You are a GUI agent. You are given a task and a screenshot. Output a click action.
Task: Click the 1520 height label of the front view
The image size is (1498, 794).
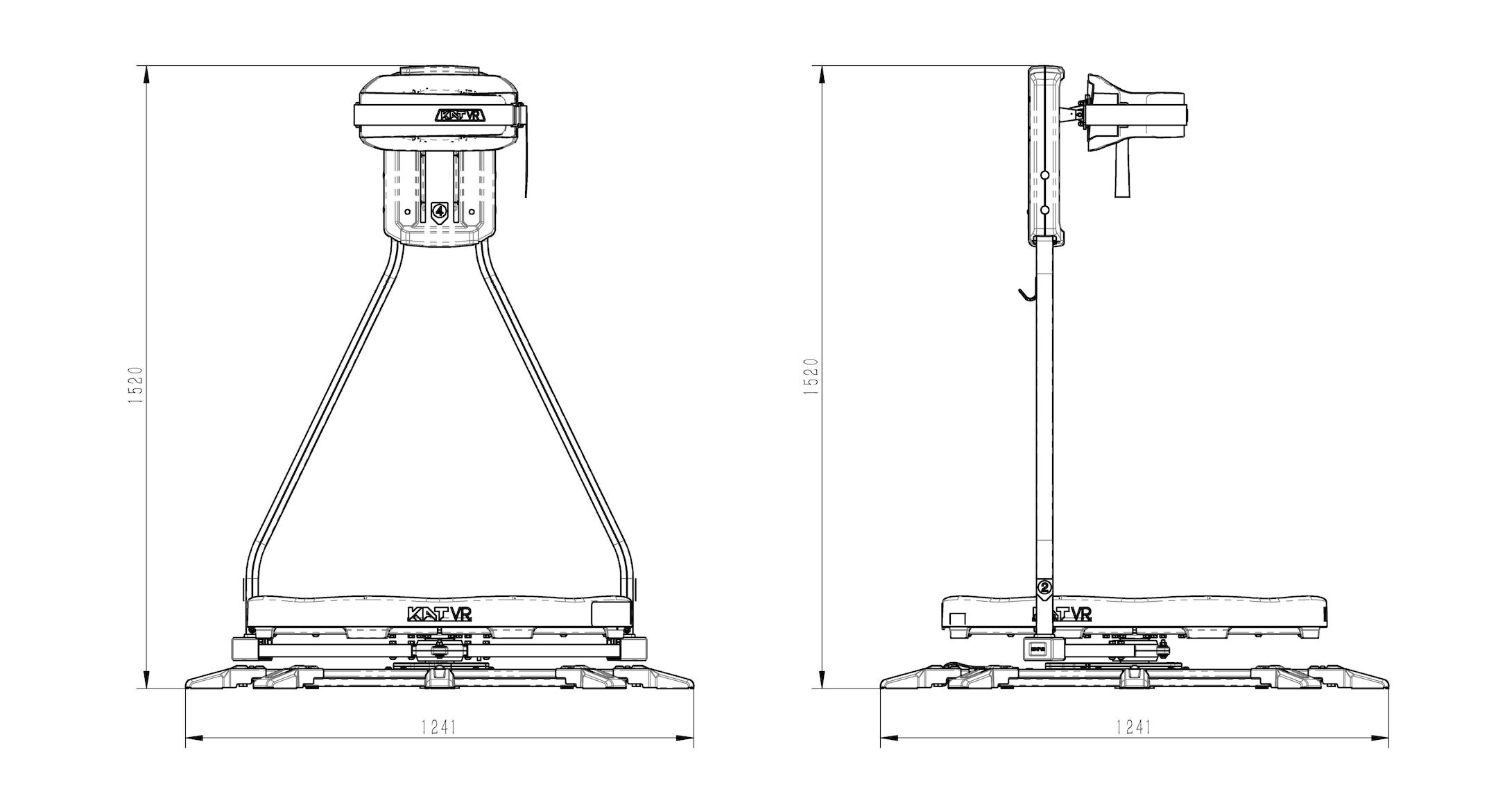pyautogui.click(x=136, y=386)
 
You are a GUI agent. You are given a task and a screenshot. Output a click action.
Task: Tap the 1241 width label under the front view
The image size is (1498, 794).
pyautogui.click(x=438, y=727)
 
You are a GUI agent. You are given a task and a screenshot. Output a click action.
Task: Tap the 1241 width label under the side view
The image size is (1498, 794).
pyautogui.click(x=1133, y=727)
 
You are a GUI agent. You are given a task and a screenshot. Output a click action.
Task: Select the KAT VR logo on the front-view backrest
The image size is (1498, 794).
pyautogui.click(x=459, y=115)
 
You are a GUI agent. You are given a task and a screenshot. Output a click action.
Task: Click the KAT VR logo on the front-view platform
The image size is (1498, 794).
pyautogui.click(x=439, y=614)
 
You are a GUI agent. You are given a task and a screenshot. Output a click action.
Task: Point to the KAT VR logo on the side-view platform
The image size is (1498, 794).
pyautogui.click(x=1062, y=614)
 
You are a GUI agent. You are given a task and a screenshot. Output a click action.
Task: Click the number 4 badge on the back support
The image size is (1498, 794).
pyautogui.click(x=438, y=210)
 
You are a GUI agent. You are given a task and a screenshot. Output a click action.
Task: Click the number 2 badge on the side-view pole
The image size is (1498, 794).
pyautogui.click(x=1045, y=586)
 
